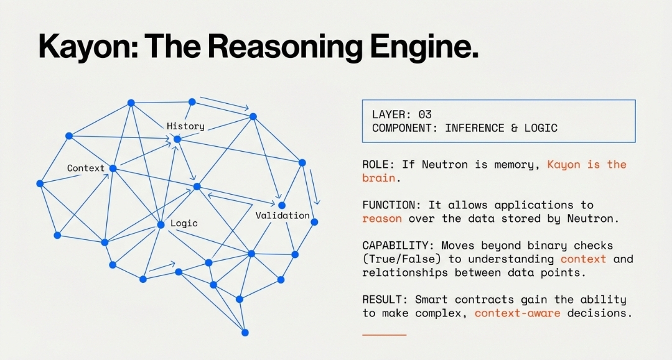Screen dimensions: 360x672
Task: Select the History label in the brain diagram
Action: [185, 126]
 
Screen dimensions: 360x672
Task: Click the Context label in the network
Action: [86, 168]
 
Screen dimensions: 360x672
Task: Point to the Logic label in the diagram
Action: [184, 223]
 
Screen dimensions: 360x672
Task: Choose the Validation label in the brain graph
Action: [282, 216]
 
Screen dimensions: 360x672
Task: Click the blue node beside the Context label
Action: [113, 168]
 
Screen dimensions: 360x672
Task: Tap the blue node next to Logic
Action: [161, 224]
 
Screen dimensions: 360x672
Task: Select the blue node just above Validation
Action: [282, 205]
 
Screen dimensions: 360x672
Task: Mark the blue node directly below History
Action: [177, 139]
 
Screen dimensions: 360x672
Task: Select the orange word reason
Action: [381, 218]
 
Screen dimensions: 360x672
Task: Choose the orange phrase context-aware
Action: [517, 313]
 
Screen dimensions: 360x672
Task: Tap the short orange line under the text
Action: [384, 335]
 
